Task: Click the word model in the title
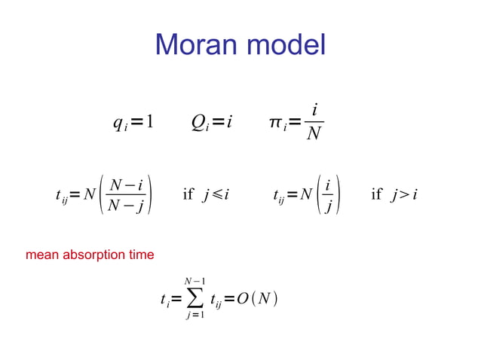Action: point(287,45)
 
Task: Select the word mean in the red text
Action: point(41,255)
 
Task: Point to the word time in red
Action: point(140,255)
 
